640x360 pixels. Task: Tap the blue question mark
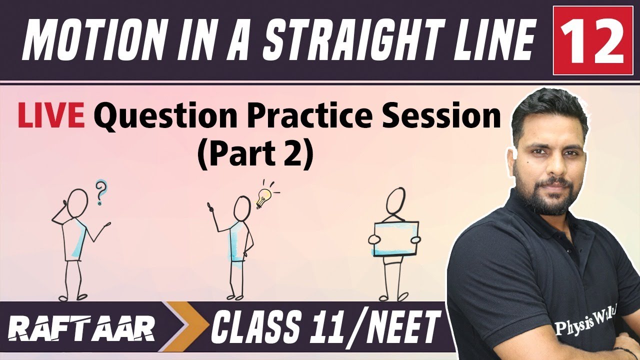(102, 192)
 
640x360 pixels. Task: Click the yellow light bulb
(262, 198)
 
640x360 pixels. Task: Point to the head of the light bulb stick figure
(242, 207)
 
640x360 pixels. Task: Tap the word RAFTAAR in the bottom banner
(82, 330)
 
